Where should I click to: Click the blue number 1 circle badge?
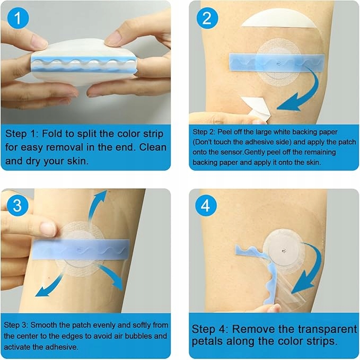tap(18, 18)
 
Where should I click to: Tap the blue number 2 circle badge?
tap(207, 18)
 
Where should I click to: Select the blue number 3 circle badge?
tap(17, 205)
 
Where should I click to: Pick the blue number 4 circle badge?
tap(206, 205)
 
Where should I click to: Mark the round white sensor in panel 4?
tap(284, 251)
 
